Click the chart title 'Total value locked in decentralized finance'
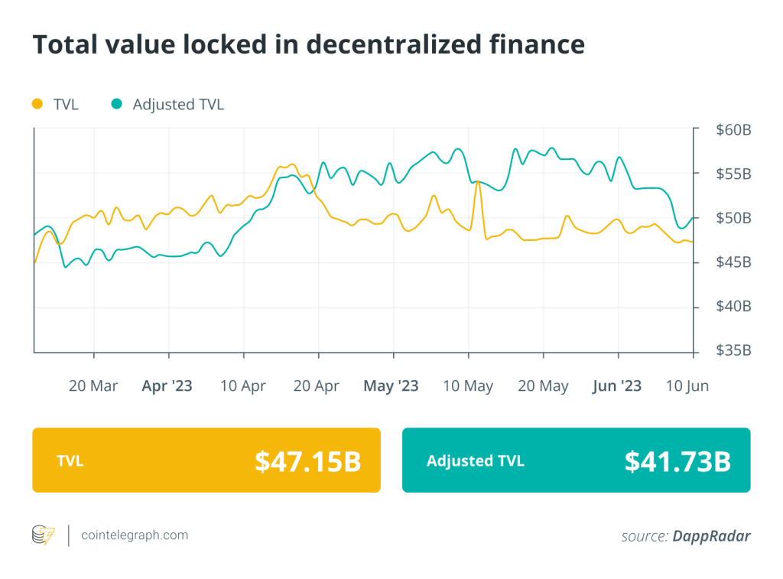308,45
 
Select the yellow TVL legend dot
37,104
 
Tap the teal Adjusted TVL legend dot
116,104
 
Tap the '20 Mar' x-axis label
93,386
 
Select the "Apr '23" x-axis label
167,386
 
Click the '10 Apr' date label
242,386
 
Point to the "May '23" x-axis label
391,386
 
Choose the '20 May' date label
543,386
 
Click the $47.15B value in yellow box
307,460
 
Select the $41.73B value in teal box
677,460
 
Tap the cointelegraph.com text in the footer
135,535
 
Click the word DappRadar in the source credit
711,536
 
